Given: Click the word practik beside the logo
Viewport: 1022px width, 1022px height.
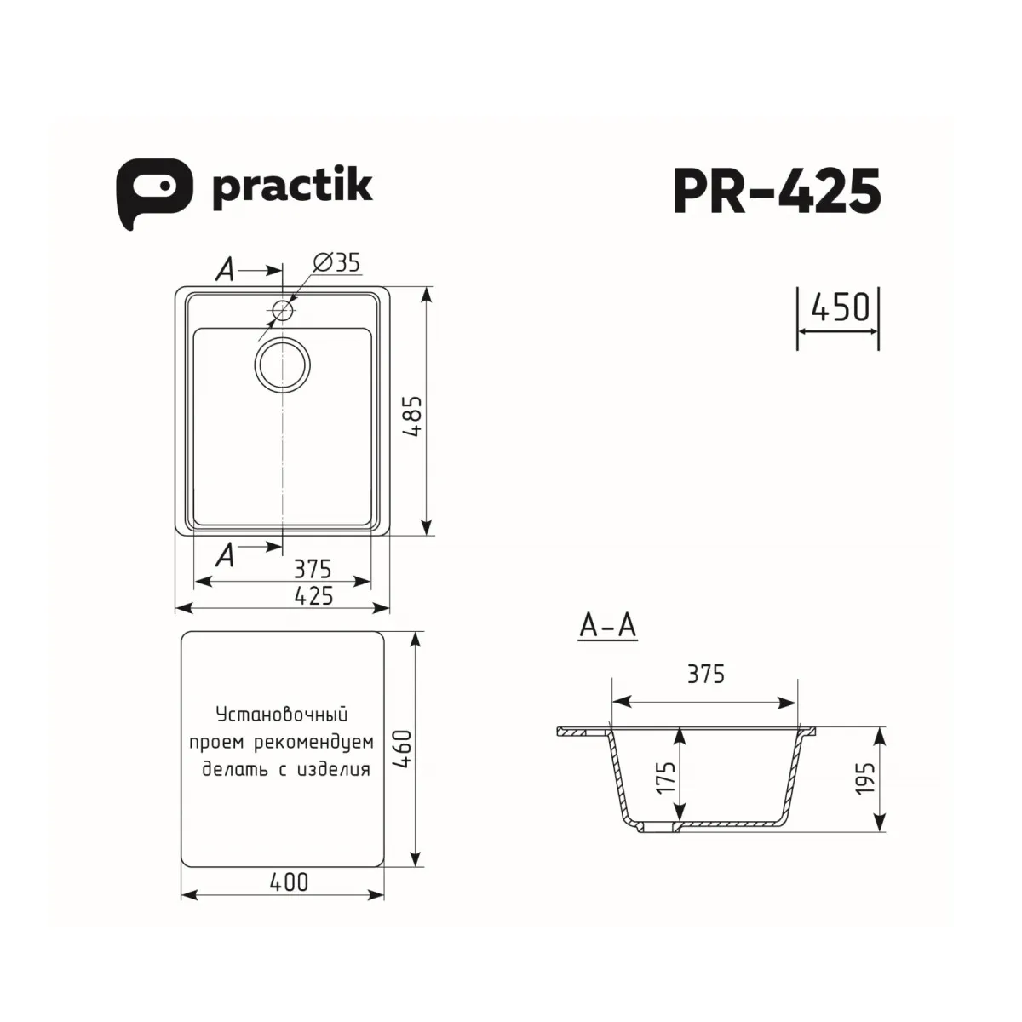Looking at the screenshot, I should [292, 187].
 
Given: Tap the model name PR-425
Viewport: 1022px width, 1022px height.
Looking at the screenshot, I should [777, 192].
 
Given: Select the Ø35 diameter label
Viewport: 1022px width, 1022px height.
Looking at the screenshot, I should [337, 263].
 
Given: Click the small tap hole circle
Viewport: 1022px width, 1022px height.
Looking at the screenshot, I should [283, 311].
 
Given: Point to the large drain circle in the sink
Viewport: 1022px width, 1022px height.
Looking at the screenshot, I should [283, 365].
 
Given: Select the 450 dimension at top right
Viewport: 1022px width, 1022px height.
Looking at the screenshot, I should [838, 307].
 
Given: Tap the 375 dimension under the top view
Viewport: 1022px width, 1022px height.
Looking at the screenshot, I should [313, 568].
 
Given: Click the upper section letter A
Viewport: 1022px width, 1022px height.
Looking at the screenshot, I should [224, 271].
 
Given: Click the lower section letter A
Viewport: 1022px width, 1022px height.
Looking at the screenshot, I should [225, 555].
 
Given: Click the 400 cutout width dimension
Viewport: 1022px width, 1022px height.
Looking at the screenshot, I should [289, 881].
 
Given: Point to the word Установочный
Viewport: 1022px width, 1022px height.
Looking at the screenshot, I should [282, 714].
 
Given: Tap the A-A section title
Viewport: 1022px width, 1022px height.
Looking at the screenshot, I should [607, 627].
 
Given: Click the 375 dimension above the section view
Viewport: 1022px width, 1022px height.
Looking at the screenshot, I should [706, 674].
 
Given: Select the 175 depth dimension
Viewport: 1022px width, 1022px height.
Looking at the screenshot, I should [666, 776].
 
